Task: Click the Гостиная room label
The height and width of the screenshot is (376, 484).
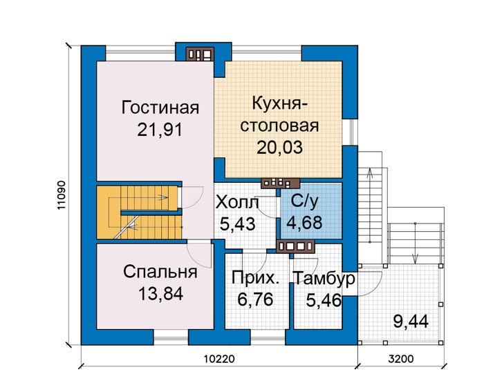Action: (160, 108)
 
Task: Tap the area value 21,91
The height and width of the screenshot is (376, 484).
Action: (160, 130)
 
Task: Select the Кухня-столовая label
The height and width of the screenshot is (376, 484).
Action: (279, 115)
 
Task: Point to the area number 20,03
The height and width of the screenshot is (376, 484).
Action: (279, 147)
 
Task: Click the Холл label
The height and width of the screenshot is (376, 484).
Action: (237, 203)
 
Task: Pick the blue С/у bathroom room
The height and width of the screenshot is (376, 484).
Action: (311, 211)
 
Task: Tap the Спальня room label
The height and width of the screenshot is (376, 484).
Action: (160, 272)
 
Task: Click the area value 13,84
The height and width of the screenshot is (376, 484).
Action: (160, 293)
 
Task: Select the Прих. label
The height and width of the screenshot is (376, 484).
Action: (256, 278)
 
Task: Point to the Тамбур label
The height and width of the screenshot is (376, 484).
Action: (324, 278)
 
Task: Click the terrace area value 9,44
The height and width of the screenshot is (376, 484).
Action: (411, 321)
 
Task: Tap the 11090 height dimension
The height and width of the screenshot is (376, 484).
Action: (62, 195)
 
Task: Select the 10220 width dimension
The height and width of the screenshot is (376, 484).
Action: (219, 359)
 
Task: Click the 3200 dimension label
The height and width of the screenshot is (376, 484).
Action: (400, 359)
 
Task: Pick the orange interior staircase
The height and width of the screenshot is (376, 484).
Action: (138, 212)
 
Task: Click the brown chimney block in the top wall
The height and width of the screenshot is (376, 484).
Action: (200, 55)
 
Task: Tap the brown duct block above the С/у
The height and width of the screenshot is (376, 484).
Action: (280, 184)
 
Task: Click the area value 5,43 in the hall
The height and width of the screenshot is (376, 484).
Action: (237, 224)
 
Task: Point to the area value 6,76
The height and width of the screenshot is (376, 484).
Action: (255, 299)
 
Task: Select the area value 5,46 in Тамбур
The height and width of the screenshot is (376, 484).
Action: (324, 300)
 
